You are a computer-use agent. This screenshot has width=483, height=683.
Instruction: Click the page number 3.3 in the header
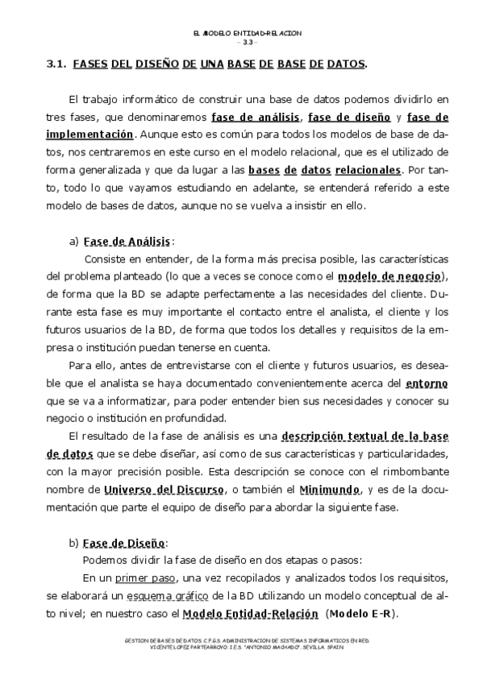(248, 42)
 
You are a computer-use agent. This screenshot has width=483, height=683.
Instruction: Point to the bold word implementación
(89, 135)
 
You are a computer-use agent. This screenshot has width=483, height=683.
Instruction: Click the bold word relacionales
(368, 170)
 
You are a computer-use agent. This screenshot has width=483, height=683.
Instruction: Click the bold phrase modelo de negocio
(389, 276)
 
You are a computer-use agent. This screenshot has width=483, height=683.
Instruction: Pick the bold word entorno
(427, 383)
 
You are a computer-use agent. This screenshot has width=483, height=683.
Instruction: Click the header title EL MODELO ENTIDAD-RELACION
(248, 33)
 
